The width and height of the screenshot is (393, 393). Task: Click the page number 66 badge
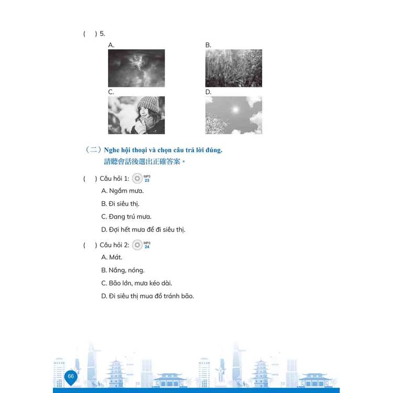tap(71, 377)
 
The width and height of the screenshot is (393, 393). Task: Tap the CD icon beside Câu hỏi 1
tap(137, 179)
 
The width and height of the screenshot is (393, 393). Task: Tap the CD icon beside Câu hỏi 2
tap(137, 245)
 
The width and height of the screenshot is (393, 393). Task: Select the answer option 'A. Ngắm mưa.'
tap(123, 191)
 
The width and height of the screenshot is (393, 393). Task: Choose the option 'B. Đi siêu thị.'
tap(120, 204)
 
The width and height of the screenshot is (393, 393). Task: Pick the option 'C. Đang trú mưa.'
tap(126, 216)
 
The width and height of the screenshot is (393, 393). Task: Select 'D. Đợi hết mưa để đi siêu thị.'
tap(143, 230)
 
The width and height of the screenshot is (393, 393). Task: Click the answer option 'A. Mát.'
tap(112, 257)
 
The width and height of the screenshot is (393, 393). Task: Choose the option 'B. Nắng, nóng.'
tap(123, 270)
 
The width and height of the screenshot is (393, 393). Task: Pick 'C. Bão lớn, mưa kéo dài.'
tap(137, 283)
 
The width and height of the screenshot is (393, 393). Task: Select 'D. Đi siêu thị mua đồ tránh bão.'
tap(148, 296)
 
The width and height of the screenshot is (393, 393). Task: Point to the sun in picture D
tap(235, 110)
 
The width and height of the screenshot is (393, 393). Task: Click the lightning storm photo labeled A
tap(136, 68)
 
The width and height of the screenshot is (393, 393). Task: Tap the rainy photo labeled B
tap(234, 68)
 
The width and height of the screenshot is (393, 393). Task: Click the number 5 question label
tap(102, 34)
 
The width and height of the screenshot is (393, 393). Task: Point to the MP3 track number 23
tap(147, 180)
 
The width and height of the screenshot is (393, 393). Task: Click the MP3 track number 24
tap(147, 247)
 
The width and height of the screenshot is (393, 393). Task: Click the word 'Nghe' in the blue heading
tap(112, 150)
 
